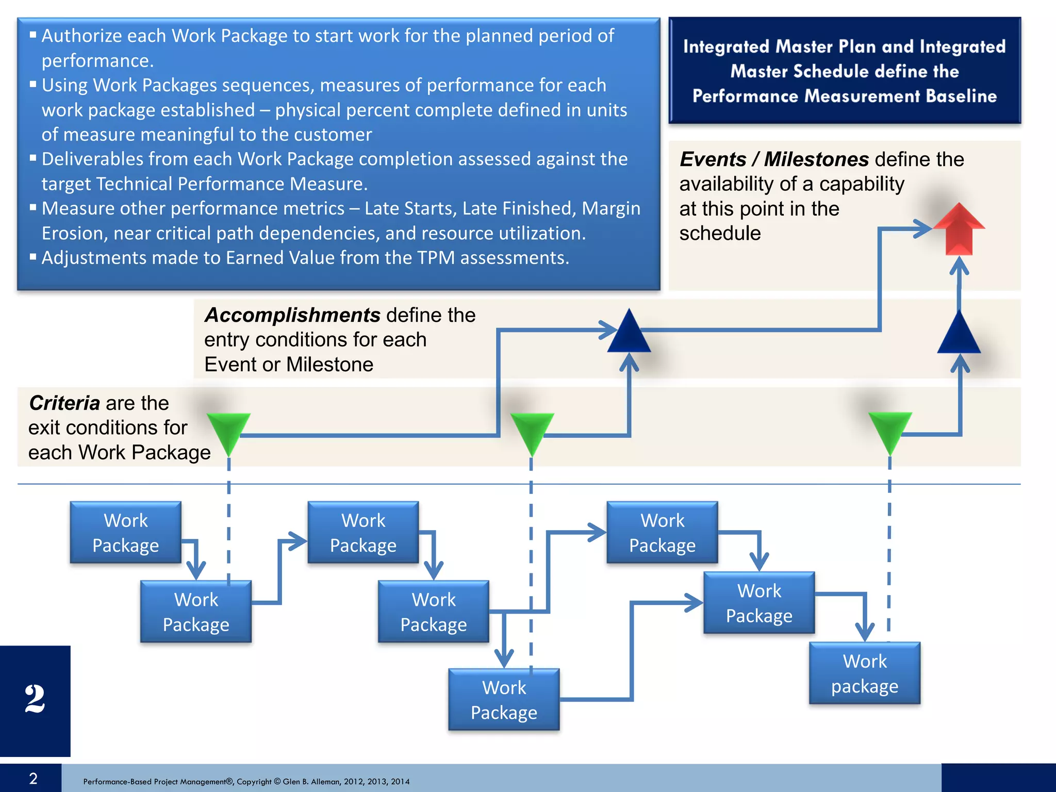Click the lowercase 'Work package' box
tap(865, 673)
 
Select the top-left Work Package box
tap(126, 533)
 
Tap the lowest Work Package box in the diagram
tap(504, 700)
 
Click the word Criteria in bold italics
tap(64, 403)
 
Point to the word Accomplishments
tap(292, 315)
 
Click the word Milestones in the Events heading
tap(816, 159)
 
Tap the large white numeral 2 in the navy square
tap(35, 699)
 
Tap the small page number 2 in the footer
tap(33, 779)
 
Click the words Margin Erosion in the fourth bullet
tap(610, 209)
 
